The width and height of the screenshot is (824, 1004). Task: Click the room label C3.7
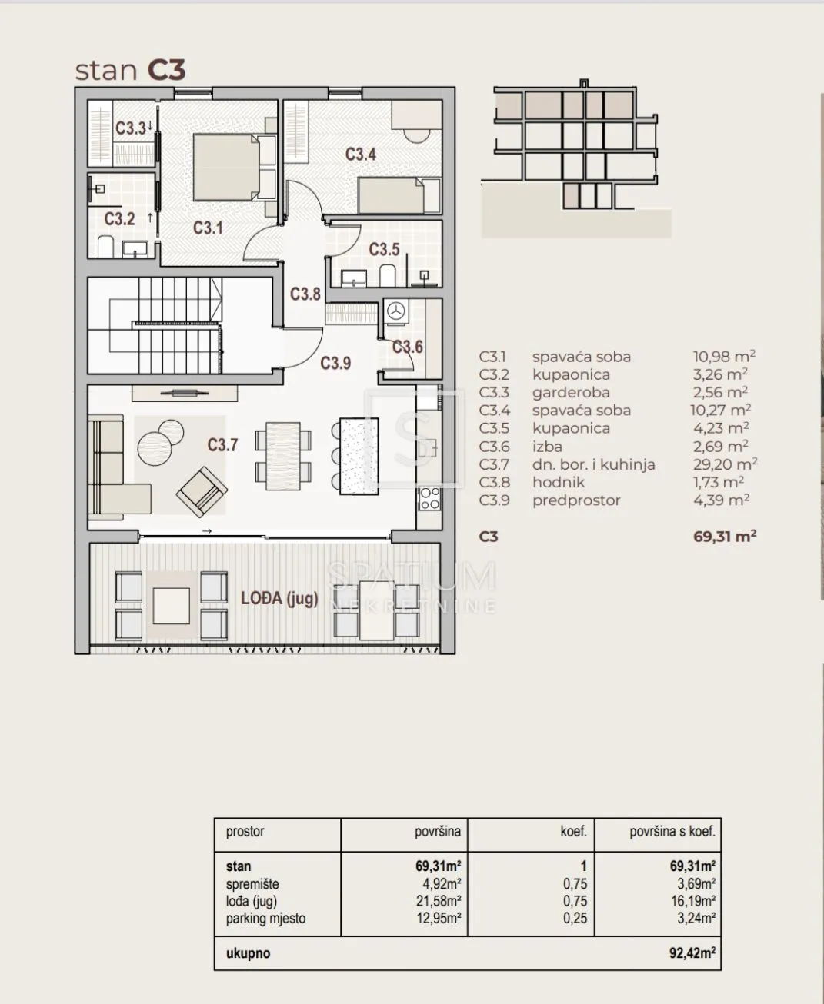pos(222,445)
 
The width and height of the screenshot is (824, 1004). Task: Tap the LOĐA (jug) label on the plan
pos(279,598)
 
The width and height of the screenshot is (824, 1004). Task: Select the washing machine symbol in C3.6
pos(395,311)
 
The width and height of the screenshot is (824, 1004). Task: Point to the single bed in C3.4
pos(399,195)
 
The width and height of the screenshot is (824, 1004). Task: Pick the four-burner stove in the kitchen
pos(429,499)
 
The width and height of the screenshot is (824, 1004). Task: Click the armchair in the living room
pos(202,491)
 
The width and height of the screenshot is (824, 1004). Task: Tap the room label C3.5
pos(384,249)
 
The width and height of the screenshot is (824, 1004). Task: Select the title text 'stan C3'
pos(130,70)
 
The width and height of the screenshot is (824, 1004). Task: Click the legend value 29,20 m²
pos(725,464)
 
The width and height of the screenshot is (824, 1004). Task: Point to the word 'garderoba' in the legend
pos(571,392)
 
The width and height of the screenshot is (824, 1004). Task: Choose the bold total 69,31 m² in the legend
pos(725,537)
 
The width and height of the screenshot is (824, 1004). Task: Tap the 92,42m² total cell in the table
pos(692,953)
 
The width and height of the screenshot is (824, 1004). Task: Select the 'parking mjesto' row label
pos(265,919)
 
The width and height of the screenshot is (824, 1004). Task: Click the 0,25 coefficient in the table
pos(575,919)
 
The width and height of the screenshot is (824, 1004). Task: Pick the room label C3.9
pos(335,363)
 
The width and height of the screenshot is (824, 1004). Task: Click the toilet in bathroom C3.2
pos(105,247)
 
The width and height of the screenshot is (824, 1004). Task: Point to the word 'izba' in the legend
pos(547,447)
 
